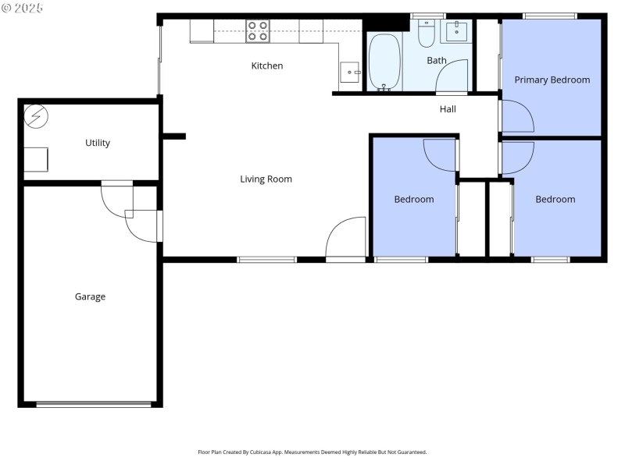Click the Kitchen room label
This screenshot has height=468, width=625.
(x=266, y=66)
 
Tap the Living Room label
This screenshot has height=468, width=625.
(x=266, y=179)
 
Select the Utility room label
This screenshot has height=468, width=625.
(x=98, y=143)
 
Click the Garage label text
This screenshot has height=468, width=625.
(x=90, y=297)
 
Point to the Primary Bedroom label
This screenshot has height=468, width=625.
(x=552, y=80)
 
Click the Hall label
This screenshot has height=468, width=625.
(x=448, y=110)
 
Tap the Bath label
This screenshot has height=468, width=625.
(x=436, y=60)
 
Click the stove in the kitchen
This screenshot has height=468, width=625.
(x=258, y=31)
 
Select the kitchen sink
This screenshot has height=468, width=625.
(x=350, y=73)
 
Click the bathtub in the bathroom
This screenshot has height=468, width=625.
(x=384, y=62)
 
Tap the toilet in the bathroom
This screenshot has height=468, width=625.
(x=427, y=34)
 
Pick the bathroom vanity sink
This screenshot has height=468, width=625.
(x=455, y=32)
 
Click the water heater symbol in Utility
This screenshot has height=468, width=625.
(x=36, y=116)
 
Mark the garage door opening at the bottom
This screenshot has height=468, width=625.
(x=94, y=404)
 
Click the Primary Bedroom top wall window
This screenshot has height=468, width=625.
(x=549, y=16)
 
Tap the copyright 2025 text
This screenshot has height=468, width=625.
(x=23, y=8)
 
